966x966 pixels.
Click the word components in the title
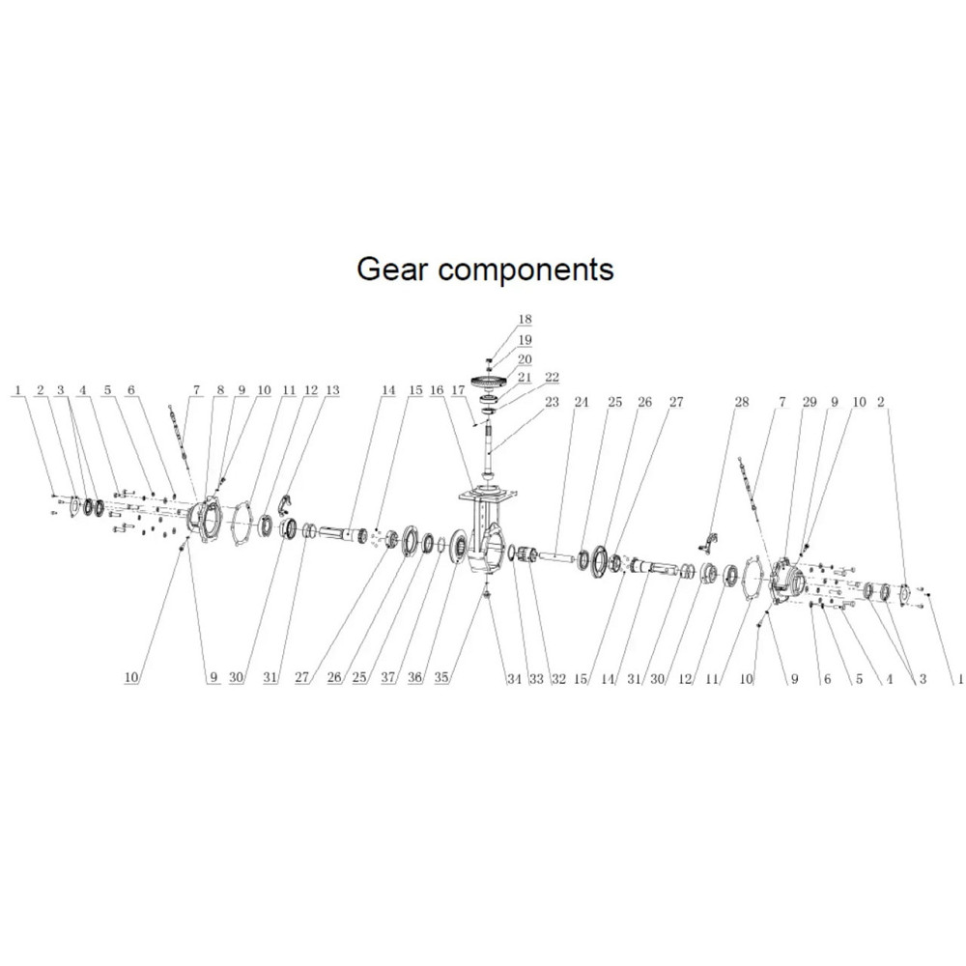coord(526,270)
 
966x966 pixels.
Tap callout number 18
coord(525,319)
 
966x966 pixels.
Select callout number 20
coord(525,358)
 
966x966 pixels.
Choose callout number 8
coord(220,390)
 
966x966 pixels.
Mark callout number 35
coord(441,678)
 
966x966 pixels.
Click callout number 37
coord(388,678)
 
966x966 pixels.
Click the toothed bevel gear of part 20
coord(492,384)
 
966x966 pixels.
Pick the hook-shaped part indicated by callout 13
coord(284,502)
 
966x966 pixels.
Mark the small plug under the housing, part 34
coord(486,592)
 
